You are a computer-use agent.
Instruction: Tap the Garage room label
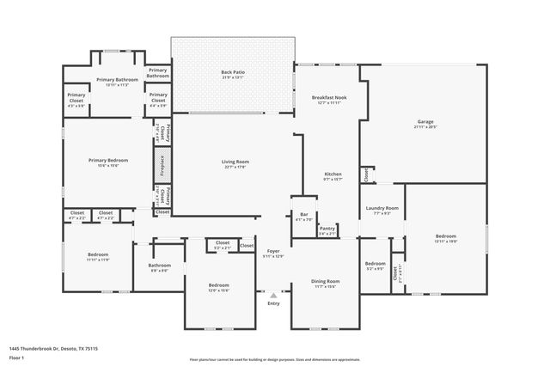(425, 124)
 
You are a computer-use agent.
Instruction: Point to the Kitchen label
(333, 175)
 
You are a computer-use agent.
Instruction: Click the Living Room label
(235, 163)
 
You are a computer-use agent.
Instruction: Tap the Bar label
(304, 217)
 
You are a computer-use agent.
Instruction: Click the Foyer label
(273, 253)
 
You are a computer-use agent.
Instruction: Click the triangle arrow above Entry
(273, 295)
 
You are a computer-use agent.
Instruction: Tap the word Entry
(273, 303)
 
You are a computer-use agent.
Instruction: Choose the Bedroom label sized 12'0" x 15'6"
(219, 286)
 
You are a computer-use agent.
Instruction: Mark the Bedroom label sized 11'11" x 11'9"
(98, 256)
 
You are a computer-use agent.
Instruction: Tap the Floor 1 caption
(17, 358)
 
